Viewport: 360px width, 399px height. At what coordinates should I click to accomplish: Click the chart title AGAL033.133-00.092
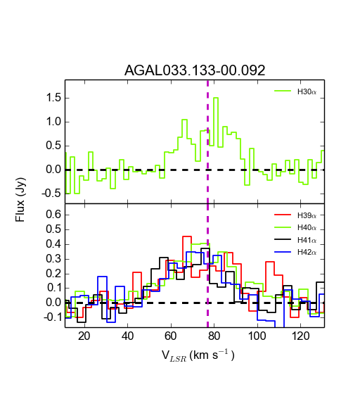coord(195,70)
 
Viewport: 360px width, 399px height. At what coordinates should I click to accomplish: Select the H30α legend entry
coord(295,91)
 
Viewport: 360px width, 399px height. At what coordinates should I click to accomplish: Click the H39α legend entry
coord(295,215)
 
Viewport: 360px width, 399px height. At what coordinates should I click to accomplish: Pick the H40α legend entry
coord(295,227)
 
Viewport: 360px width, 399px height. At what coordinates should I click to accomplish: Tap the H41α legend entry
coord(295,240)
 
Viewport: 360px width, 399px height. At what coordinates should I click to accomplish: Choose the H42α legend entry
coord(295,252)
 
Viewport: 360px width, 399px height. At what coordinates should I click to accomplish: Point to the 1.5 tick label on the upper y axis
coord(53,98)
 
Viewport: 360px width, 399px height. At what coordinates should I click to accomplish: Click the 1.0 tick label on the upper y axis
coord(53,122)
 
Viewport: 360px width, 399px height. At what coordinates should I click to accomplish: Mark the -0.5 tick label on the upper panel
coord(51,194)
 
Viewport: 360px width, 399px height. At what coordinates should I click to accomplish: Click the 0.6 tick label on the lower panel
coord(53,215)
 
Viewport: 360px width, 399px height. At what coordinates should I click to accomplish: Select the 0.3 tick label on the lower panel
coord(53,259)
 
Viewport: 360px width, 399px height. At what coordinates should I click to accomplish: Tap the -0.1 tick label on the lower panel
coord(53,317)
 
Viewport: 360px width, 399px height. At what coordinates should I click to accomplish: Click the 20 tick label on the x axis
coord(84,336)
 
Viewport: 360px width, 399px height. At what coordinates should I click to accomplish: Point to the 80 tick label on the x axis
coord(214,336)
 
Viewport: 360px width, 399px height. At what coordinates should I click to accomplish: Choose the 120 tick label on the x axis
coord(300,336)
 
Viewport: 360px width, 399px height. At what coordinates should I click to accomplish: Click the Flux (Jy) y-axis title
coord(20,200)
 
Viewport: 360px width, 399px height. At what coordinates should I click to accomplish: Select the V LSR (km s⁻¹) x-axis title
coord(198,355)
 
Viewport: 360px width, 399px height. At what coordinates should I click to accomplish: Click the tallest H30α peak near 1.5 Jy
coord(216,98)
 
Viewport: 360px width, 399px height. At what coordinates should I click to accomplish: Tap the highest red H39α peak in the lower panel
coord(187,236)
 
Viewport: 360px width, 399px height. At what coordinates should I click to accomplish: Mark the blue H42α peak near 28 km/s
coord(102,277)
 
